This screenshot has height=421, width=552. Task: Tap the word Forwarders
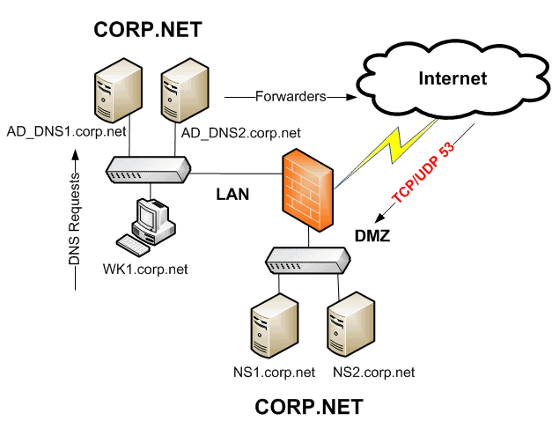pyautogui.click(x=291, y=95)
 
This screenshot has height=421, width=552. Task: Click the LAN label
pyautogui.click(x=234, y=196)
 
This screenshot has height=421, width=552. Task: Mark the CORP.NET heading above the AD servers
pyautogui.click(x=148, y=31)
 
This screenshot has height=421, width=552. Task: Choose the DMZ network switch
pyautogui.click(x=308, y=258)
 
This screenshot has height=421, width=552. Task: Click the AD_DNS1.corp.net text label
pyautogui.click(x=67, y=132)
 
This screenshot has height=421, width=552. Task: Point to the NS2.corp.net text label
pyautogui.click(x=373, y=373)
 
